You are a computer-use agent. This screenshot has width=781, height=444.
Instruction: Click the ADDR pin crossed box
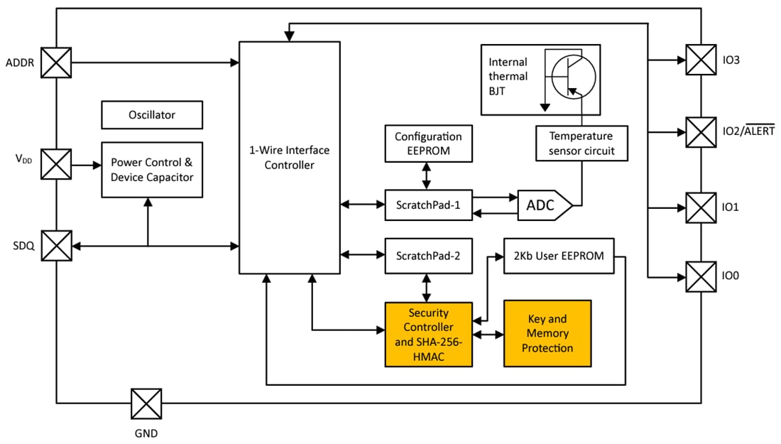pyautogui.click(x=56, y=63)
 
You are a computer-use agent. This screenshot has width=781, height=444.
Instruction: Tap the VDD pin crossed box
pyautogui.click(x=56, y=165)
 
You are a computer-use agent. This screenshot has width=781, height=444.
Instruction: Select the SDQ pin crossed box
pyautogui.click(x=56, y=247)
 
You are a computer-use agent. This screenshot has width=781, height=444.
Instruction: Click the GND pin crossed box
pyautogui.click(x=146, y=404)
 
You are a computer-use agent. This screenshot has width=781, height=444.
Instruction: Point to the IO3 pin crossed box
pyautogui.click(x=701, y=60)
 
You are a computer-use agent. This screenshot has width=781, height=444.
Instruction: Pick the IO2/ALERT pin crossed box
pyautogui.click(x=701, y=132)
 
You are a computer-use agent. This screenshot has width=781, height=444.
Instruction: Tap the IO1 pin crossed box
pyautogui.click(x=701, y=207)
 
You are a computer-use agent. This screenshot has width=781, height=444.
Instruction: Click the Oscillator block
pyautogui.click(x=152, y=114)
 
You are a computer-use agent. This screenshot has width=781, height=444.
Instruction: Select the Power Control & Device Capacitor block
pyautogui.click(x=152, y=170)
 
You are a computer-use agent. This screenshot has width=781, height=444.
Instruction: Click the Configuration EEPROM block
pyautogui.click(x=427, y=143)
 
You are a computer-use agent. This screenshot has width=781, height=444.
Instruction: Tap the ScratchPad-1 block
pyautogui.click(x=428, y=205)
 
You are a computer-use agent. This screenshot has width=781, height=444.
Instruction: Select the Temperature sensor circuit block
pyautogui.click(x=581, y=143)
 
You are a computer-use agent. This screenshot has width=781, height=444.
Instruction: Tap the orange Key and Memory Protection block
pyautogui.click(x=547, y=333)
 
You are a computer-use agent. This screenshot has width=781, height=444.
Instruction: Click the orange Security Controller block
pyautogui.click(x=428, y=334)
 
